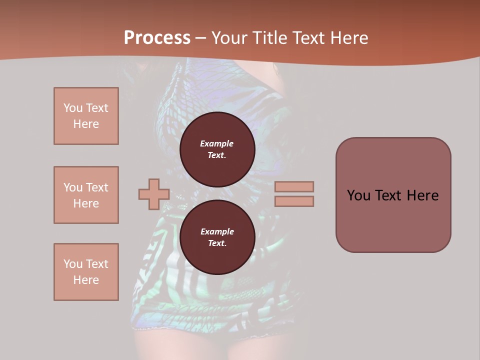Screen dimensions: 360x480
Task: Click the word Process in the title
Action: click(157, 37)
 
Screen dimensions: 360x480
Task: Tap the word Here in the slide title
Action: click(349, 37)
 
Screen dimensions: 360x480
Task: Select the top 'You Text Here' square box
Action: click(86, 116)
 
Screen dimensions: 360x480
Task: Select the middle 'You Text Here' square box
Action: click(86, 195)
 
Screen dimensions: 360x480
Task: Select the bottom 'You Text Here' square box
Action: click(86, 272)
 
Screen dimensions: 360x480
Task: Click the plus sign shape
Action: click(154, 194)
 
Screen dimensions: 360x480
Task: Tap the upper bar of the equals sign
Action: click(294, 186)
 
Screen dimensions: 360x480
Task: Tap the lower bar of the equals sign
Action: click(294, 201)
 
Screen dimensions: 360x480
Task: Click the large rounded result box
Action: click(393, 220)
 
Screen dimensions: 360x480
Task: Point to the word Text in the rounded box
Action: click(392, 195)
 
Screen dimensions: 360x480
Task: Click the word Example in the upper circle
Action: click(217, 143)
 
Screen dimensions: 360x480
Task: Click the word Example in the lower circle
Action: click(217, 231)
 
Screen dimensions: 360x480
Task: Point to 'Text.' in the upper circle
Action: click(217, 155)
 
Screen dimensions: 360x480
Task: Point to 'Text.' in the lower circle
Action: click(217, 243)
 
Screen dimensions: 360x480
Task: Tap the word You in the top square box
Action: click(72, 108)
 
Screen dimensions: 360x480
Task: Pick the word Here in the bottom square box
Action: click(86, 280)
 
